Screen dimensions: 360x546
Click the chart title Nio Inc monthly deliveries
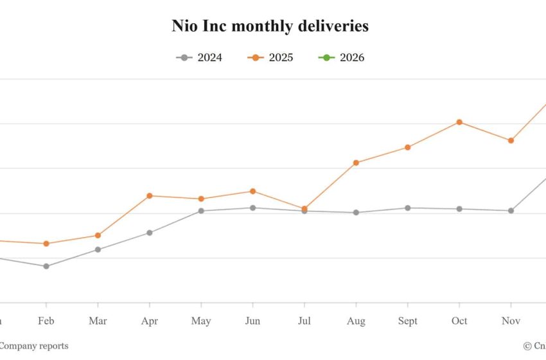tap(270, 26)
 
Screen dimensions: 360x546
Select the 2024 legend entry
tap(199, 58)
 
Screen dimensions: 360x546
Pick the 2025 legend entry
tap(270, 58)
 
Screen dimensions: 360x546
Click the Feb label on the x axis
tap(46, 321)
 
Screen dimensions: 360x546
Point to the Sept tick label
tap(407, 321)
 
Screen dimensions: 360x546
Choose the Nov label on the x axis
tap(511, 321)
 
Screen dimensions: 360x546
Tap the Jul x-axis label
tap(304, 321)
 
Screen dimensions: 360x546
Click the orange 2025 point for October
tap(459, 122)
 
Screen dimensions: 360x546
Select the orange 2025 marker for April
tap(149, 195)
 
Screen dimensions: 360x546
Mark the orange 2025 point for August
tap(356, 163)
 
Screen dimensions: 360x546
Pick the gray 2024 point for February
tap(46, 266)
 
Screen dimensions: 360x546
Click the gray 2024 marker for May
tap(201, 211)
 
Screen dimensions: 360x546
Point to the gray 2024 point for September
tap(407, 208)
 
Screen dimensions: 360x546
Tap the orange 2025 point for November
tap(511, 140)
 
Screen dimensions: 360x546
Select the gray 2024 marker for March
tap(98, 249)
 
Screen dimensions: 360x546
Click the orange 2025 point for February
tap(46, 244)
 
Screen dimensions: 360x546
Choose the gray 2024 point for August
tap(356, 212)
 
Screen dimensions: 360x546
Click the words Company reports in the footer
tap(33, 346)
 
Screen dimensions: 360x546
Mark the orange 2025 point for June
tap(252, 191)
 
